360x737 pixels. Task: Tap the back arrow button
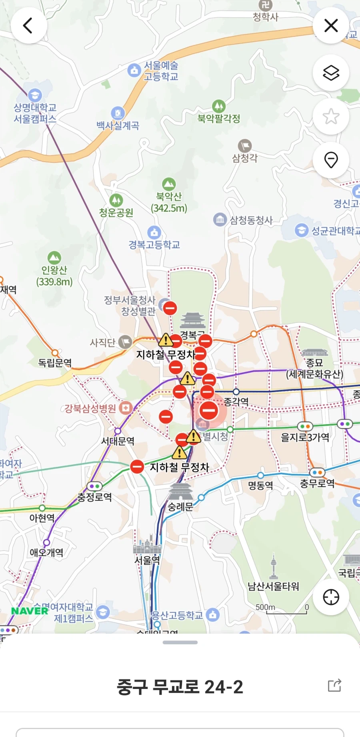click(28, 26)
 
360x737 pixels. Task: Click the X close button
click(331, 26)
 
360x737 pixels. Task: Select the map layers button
click(331, 73)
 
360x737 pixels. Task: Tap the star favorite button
click(331, 116)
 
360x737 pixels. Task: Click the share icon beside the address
click(334, 685)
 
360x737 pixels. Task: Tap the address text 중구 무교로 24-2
click(180, 687)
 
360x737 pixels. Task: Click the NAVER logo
click(30, 611)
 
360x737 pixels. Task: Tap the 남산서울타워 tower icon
click(274, 566)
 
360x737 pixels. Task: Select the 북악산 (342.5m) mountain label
click(169, 202)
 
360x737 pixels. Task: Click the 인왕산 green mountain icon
click(54, 258)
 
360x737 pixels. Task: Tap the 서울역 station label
click(147, 560)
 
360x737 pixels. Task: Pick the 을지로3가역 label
click(305, 437)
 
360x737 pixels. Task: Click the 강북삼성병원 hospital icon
click(126, 408)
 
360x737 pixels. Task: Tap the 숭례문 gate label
click(180, 507)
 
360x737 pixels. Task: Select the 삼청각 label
click(245, 158)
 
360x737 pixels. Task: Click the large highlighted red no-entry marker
click(208, 410)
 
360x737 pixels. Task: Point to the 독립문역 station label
click(55, 363)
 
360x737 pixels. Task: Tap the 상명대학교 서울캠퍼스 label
click(35, 113)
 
